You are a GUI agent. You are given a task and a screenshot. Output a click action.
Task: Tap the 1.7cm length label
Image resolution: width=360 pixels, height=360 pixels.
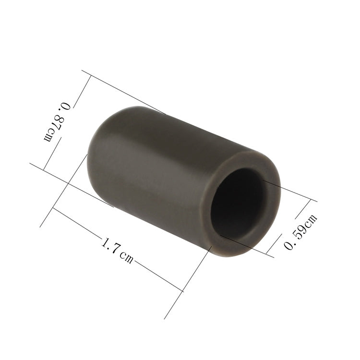click(x=117, y=250)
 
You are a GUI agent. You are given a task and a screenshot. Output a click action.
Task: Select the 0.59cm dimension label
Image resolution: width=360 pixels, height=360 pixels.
click(x=301, y=231)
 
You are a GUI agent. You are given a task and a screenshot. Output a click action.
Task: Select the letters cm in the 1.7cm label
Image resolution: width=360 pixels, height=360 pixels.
click(x=126, y=257)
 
